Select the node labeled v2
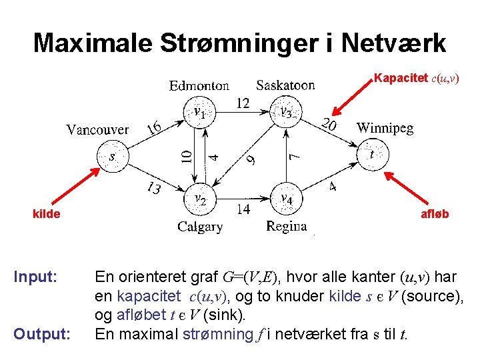click(x=199, y=199)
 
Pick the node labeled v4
click(x=286, y=199)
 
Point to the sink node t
click(x=371, y=155)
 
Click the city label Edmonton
click(x=199, y=85)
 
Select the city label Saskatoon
click(x=285, y=85)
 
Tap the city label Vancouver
click(x=97, y=129)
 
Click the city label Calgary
click(x=200, y=227)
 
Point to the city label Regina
click(x=286, y=227)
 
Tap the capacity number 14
click(x=243, y=209)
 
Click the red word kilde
click(x=47, y=214)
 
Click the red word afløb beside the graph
click(x=434, y=214)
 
